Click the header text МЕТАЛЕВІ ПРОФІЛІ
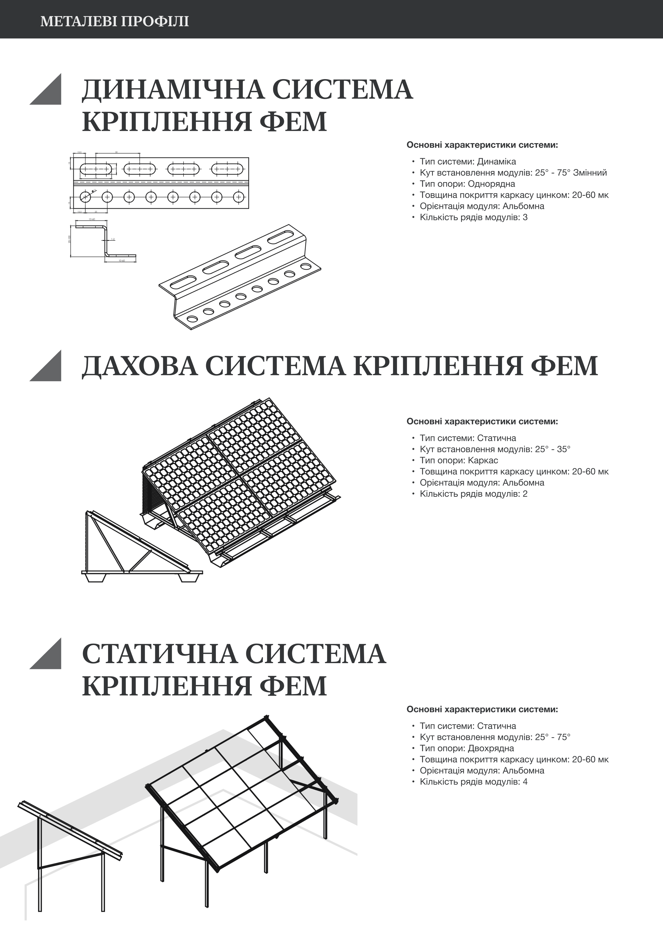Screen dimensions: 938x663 [x=114, y=21]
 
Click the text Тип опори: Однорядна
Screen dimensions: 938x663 [x=467, y=184]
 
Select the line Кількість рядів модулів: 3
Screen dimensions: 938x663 [x=473, y=217]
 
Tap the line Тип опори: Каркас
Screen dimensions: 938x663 [x=459, y=460]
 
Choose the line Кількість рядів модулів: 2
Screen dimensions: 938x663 [x=473, y=494]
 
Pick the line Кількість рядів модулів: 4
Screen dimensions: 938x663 [x=473, y=782]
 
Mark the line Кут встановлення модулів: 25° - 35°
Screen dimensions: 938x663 [x=494, y=450]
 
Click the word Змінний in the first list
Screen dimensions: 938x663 [x=590, y=173]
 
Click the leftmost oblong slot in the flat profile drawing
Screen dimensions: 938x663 [x=96, y=169]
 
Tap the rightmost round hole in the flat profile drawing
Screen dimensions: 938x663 [x=239, y=197]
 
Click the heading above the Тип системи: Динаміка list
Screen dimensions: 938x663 [x=482, y=145]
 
